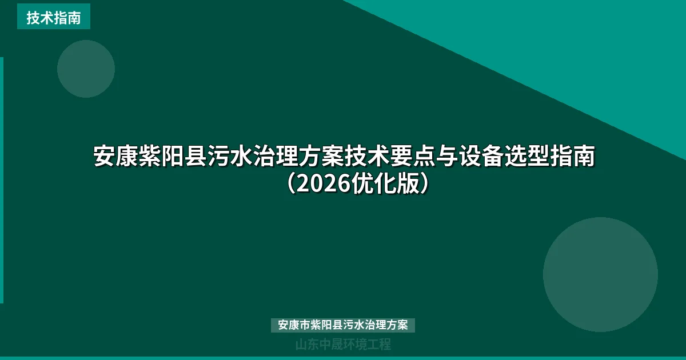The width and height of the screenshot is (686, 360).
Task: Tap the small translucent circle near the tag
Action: pyautogui.click(x=86, y=69)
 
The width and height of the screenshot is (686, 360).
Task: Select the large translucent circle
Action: pyautogui.click(x=600, y=274)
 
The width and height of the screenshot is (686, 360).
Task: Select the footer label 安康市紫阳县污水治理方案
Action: pyautogui.click(x=342, y=325)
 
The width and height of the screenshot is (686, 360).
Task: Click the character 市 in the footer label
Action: pyautogui.click(x=306, y=325)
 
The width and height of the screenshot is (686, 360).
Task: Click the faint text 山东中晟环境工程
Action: pyautogui.click(x=342, y=345)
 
